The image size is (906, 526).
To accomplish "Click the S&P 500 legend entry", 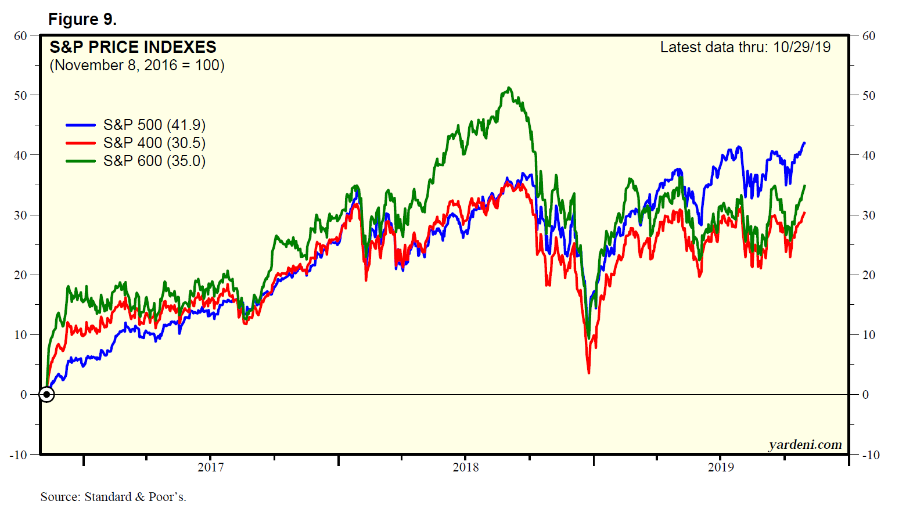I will (x=154, y=125).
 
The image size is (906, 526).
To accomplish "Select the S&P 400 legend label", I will (x=154, y=143).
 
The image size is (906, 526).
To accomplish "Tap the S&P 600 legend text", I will (x=154, y=161).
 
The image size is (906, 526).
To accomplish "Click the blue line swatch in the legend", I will (x=81, y=125).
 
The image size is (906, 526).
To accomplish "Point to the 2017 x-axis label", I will (x=210, y=467).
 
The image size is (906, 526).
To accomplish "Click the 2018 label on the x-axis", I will (x=466, y=467).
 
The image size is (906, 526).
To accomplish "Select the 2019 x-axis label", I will (x=721, y=467).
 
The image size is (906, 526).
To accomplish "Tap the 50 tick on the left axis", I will (x=21, y=95).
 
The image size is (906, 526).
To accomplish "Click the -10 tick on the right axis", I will (x=870, y=455).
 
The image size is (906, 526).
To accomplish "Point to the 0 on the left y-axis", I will (x=24, y=395).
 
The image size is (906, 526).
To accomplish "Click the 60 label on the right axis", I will (x=869, y=36).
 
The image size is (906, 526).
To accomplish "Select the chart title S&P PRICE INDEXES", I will (x=133, y=47).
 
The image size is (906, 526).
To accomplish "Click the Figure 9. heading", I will (x=82, y=19).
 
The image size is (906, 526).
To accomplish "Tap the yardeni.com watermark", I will (x=805, y=445).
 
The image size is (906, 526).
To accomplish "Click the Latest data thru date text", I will (x=745, y=47).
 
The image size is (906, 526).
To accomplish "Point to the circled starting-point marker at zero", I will (x=46, y=395).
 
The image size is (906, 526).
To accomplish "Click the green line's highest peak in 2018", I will (x=509, y=88).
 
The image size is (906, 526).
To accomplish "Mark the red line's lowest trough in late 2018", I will (x=589, y=372).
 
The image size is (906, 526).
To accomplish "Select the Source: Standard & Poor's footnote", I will (x=113, y=497).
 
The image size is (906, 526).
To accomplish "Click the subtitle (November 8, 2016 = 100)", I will (x=137, y=65).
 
